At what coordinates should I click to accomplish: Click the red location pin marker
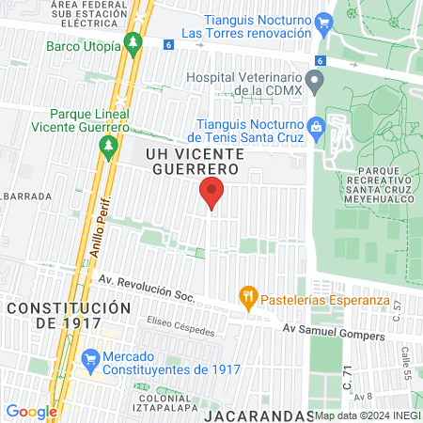[211, 193]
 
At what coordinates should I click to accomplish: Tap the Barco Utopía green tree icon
[133, 43]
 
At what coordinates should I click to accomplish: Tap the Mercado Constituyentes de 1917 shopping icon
[90, 358]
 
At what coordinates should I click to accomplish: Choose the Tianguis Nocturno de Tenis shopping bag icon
[316, 126]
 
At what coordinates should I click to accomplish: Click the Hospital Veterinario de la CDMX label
[244, 85]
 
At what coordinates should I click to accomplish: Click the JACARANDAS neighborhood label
[258, 415]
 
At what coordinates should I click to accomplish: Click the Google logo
[31, 411]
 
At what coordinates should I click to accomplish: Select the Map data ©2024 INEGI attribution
[367, 415]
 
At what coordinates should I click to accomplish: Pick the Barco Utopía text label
[84, 44]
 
